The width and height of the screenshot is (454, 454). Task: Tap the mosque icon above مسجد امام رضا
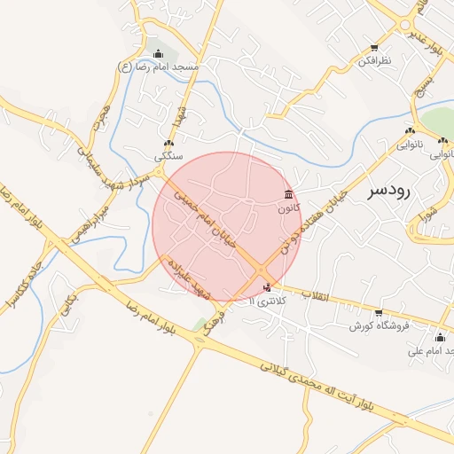point(158,54)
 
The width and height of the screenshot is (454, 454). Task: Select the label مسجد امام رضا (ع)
point(159,67)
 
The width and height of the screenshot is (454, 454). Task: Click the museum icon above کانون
point(288,194)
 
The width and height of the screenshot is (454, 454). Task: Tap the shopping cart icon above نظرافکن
point(374,48)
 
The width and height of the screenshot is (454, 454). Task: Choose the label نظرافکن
point(373,61)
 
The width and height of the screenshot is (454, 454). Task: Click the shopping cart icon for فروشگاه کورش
point(379,313)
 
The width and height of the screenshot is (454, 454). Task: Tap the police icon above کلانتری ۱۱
point(268,287)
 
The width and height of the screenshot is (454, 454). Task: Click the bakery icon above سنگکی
point(168,143)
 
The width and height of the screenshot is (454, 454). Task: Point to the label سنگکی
point(168,156)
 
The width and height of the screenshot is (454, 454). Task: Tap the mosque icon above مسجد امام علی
point(440,337)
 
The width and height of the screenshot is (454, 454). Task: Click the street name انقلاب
point(315,294)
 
